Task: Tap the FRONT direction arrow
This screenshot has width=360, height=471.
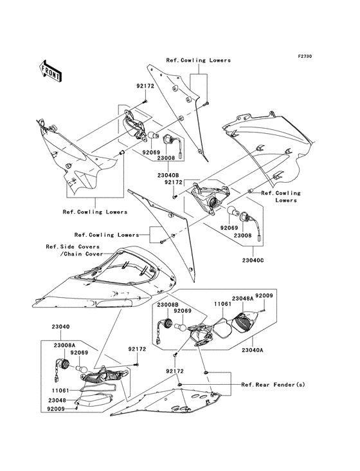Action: point(51,70)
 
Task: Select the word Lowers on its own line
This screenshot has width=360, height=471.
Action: point(286,200)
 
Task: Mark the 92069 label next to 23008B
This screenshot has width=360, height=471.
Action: point(183,310)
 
